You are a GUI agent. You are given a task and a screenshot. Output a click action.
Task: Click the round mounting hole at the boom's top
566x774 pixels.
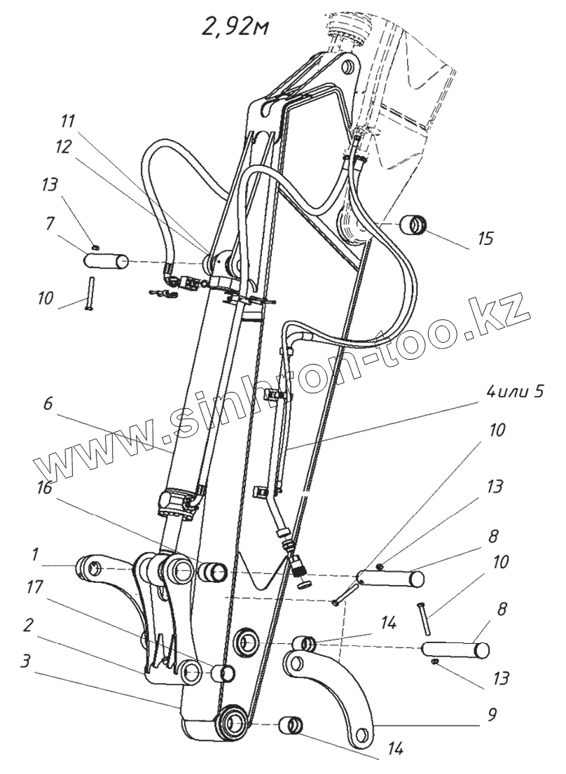(x=345, y=70)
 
